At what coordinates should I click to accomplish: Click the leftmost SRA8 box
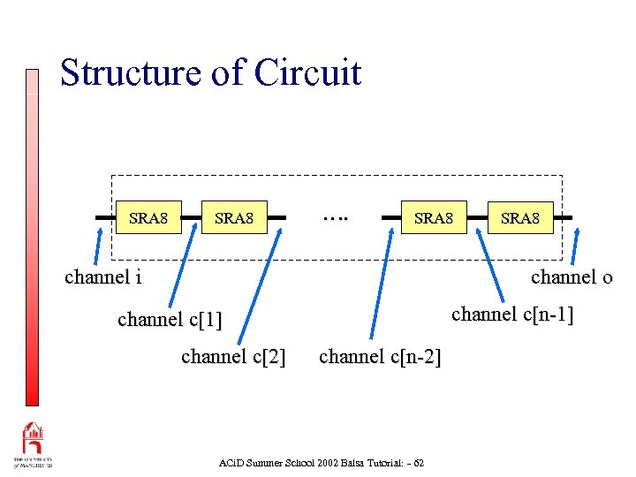(149, 217)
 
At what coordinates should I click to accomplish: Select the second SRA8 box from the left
(234, 217)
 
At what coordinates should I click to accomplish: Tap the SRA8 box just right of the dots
(434, 217)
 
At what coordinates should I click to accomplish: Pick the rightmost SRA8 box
(520, 217)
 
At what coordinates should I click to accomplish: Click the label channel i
(102, 277)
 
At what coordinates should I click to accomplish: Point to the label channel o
(572, 277)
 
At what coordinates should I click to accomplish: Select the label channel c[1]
(170, 319)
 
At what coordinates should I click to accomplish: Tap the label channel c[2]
(233, 357)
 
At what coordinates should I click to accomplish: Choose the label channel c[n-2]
(380, 357)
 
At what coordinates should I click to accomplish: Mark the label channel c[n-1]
(512, 314)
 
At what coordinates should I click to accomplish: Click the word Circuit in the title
(307, 72)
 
